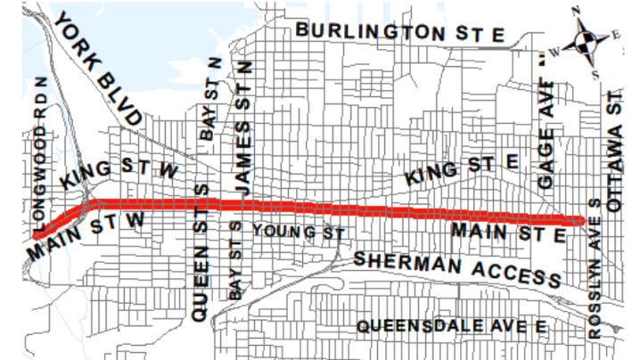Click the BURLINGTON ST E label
(x=401, y=31)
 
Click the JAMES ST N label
(x=243, y=129)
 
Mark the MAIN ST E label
(x=508, y=233)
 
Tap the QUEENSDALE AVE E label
(x=451, y=326)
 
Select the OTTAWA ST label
(x=614, y=156)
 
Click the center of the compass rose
(x=586, y=41)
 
